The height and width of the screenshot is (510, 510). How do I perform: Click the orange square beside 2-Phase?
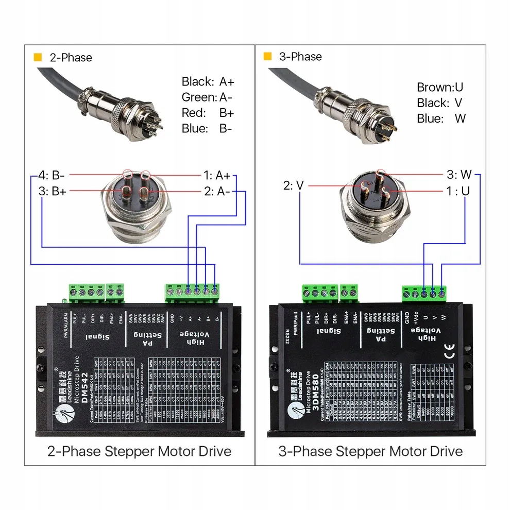pos(37,57)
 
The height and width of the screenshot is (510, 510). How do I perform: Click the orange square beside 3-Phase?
pos(267,57)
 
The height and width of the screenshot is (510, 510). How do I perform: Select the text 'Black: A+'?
pos(208,81)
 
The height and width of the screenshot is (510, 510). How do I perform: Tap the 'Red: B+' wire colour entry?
pos(208,113)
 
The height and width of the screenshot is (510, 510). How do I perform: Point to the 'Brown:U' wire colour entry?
pos(440,87)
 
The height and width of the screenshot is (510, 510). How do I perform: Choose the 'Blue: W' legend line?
pos(441,118)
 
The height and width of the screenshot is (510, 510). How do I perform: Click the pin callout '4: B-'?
pos(51,175)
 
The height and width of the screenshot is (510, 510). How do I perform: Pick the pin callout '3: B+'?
pos(53,192)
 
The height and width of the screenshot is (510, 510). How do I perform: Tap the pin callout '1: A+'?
pos(216,175)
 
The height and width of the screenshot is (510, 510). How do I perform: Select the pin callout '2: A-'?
pos(217,192)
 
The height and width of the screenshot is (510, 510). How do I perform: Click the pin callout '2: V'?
pos(294,185)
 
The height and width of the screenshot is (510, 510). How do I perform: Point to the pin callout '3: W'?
pos(458,174)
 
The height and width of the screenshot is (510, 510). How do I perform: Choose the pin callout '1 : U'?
pos(458,191)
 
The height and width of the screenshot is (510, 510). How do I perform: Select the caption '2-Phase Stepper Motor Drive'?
pos(139,452)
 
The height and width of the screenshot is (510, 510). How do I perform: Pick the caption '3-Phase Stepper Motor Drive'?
pos(370,452)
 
